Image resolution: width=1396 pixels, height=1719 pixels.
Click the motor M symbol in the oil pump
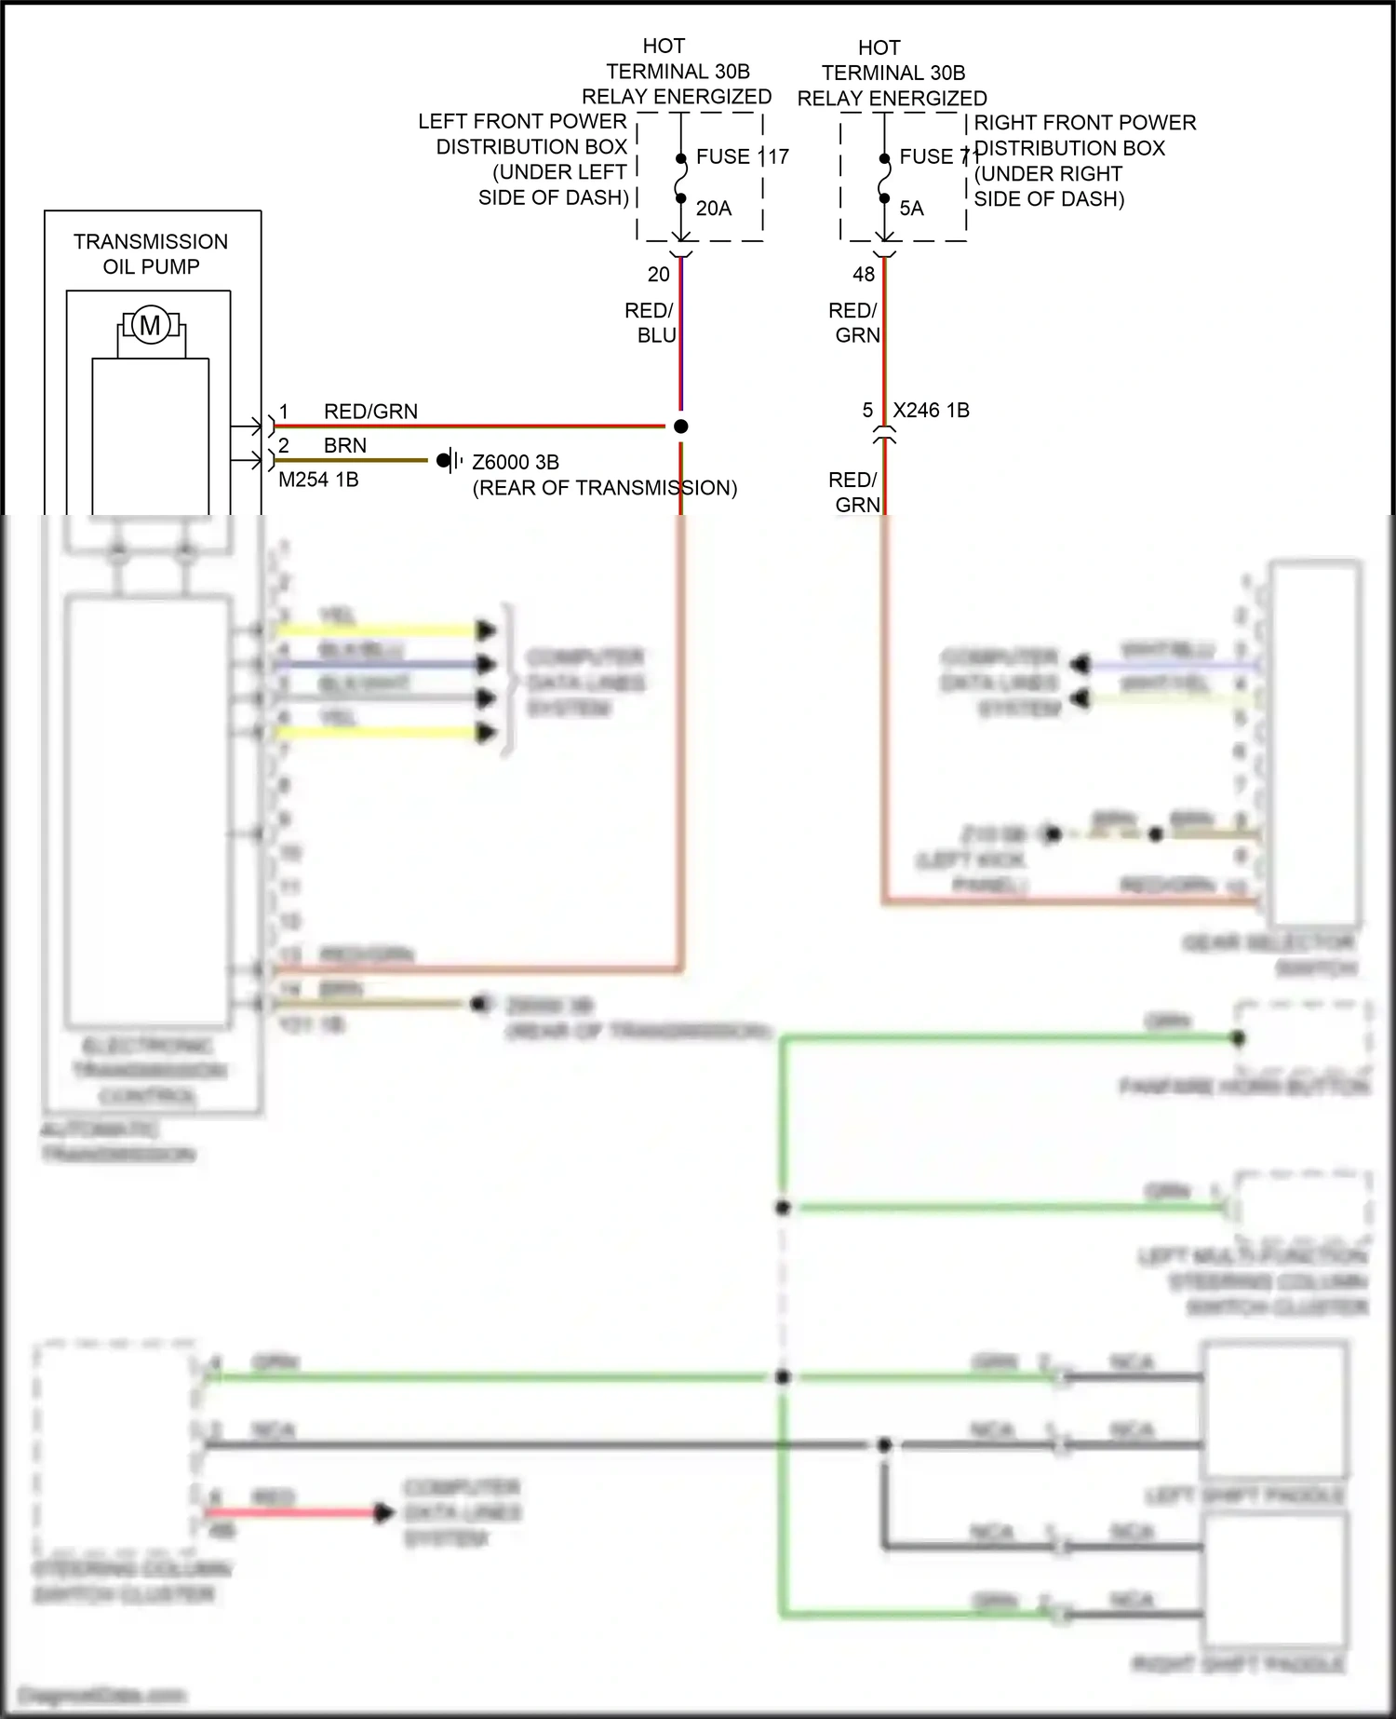click(x=150, y=326)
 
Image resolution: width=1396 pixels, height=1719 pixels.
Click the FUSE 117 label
click(x=742, y=156)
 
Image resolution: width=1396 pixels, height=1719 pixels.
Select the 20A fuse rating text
click(x=714, y=209)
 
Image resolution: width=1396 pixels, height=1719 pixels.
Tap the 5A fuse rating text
click(x=911, y=209)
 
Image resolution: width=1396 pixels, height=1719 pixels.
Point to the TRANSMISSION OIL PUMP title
click(x=151, y=254)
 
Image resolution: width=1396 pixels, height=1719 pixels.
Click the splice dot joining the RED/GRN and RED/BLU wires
click(x=681, y=426)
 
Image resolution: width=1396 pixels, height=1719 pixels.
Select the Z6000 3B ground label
click(x=516, y=462)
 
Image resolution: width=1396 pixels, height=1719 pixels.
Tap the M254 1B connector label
click(x=318, y=480)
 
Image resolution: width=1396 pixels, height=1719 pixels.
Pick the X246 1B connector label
click(x=931, y=411)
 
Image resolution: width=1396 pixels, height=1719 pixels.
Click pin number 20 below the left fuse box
click(x=659, y=275)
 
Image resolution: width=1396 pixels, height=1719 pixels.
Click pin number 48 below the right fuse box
click(x=864, y=275)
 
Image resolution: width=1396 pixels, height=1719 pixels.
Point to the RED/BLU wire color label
click(x=651, y=322)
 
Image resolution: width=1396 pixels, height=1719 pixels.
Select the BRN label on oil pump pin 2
click(x=345, y=446)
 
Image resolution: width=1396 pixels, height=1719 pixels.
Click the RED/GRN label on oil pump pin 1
click(x=370, y=412)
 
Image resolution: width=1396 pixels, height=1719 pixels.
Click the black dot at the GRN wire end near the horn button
click(x=1239, y=1038)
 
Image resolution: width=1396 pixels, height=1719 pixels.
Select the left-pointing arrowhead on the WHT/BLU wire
click(x=1080, y=665)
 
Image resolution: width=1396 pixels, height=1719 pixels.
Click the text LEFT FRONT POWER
click(x=522, y=122)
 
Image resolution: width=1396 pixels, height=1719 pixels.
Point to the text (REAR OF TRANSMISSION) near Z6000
click(x=605, y=488)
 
